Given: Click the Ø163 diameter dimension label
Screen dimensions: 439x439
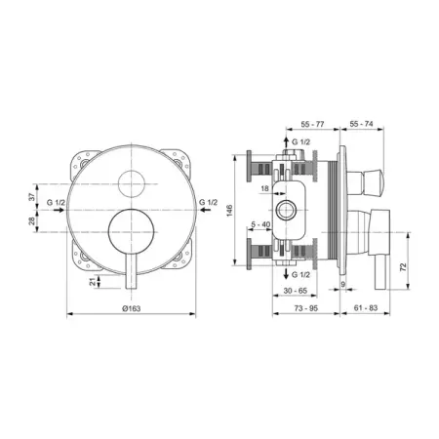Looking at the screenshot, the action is (x=132, y=308).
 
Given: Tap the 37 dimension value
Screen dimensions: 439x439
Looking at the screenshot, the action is (x=32, y=197).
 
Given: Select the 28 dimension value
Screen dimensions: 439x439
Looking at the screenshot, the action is (x=32, y=221).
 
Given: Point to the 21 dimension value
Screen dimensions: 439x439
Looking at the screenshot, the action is (x=94, y=282).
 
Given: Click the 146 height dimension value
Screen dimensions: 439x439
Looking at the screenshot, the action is (x=229, y=211).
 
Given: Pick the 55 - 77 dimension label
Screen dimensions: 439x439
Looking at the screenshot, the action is (x=312, y=124).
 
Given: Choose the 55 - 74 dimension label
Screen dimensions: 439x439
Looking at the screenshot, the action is (x=361, y=124).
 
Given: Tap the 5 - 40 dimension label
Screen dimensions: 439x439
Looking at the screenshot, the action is (x=260, y=224).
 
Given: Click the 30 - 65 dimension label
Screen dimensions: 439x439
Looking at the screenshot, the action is (x=295, y=291).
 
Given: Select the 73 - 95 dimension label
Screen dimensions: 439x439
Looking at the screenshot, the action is (x=306, y=308).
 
